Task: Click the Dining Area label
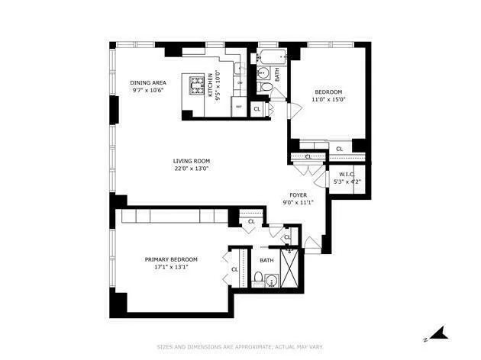pos(147,82)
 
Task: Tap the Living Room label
pos(191,161)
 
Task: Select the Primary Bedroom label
pos(171,259)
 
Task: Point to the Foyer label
pos(298,195)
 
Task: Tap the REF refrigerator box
pos(237,108)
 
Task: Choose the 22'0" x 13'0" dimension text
pos(191,169)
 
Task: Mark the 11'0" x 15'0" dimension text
pos(328,99)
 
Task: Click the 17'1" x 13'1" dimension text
pos(171,268)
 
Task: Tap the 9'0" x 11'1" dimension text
pos(298,204)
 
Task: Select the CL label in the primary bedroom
pos(234,268)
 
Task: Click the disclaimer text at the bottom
pos(240,347)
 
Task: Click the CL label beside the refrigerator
pos(257,109)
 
